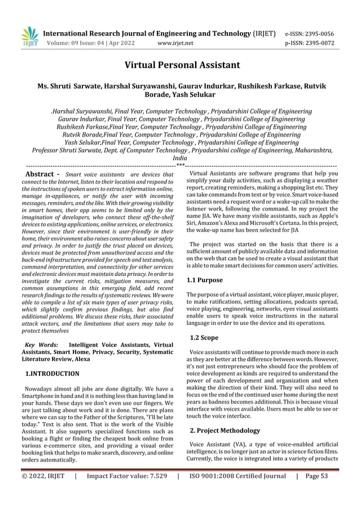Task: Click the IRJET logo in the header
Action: [29, 37]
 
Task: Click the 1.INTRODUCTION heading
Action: [53, 373]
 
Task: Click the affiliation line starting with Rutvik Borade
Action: [181, 135]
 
